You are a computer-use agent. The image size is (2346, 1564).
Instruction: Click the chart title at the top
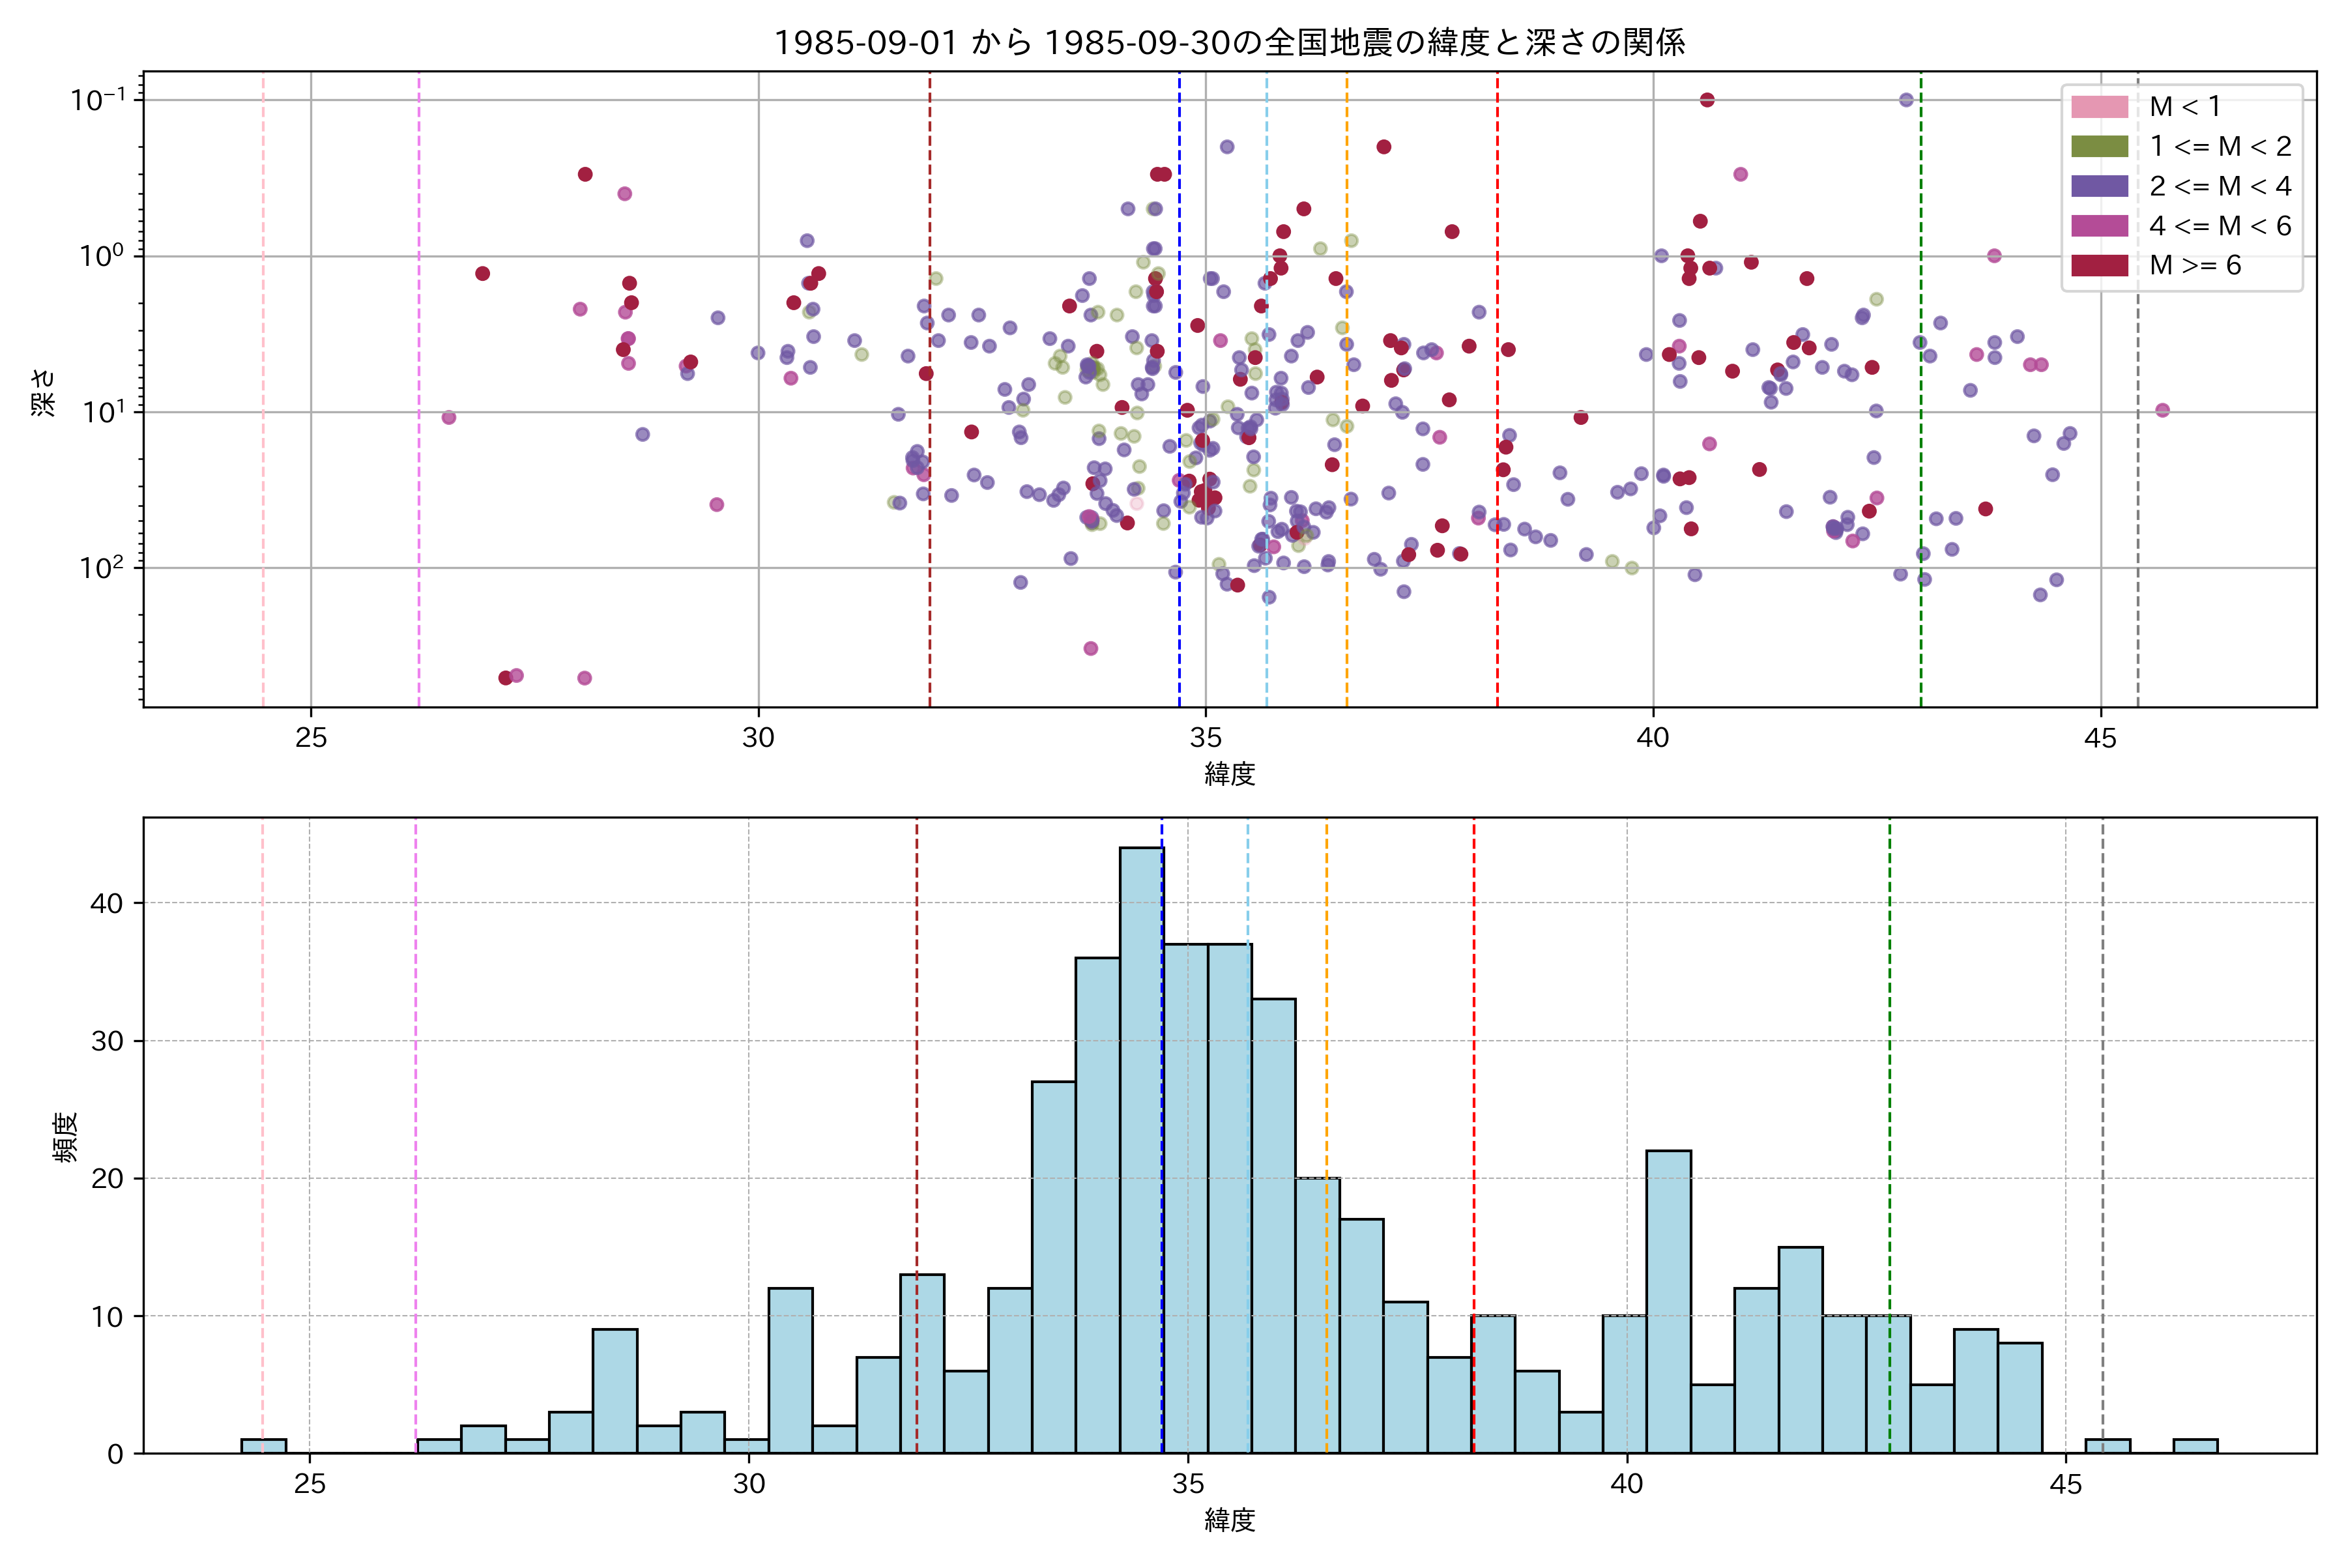pos(1229,43)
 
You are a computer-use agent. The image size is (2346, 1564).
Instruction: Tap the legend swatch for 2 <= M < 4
pos(2098,186)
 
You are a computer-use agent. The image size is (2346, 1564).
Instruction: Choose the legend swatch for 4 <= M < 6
pos(2098,225)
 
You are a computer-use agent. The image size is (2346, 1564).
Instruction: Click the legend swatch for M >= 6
pos(2098,265)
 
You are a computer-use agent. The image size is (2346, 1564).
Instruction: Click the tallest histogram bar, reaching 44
pos(1141,1147)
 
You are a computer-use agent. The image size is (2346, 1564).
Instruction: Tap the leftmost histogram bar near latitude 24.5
pos(263,1445)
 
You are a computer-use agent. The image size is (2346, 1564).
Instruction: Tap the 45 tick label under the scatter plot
pos(2100,738)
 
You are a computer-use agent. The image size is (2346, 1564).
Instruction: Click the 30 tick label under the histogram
pos(749,1484)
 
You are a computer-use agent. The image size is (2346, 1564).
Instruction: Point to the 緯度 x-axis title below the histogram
pos(1229,1520)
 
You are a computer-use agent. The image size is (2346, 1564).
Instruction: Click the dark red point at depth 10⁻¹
pos(1707,100)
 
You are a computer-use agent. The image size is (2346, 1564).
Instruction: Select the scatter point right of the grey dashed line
pos(2162,410)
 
